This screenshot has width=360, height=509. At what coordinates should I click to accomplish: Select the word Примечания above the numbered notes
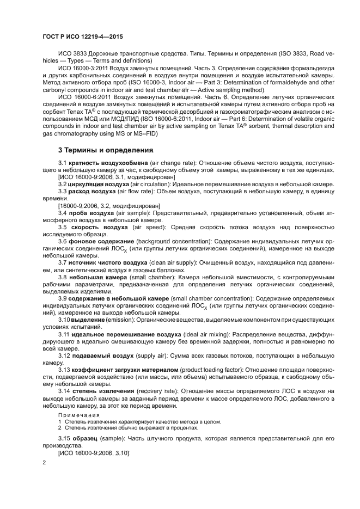coord(76,415)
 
